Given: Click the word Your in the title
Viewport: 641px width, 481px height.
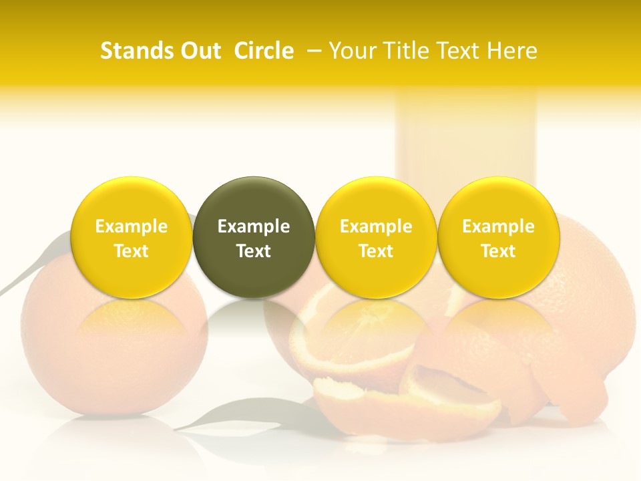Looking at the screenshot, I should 355,51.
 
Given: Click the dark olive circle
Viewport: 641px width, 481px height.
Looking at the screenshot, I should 254,237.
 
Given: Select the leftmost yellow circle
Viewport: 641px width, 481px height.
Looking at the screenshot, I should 132,237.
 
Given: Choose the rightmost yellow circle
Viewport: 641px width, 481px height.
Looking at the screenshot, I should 498,237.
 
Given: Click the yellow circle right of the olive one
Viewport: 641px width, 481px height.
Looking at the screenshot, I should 376,237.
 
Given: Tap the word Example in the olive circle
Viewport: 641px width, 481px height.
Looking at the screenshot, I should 254,226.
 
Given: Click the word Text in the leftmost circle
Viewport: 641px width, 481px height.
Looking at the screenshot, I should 132,251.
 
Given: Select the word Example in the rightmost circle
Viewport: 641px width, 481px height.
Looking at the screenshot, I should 498,226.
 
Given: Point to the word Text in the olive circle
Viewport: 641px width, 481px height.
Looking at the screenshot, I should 254,251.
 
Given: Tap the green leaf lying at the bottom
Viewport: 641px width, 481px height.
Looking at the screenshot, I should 220,418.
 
